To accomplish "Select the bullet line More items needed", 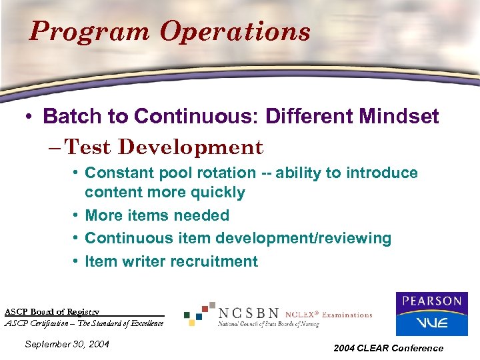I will point(157,215).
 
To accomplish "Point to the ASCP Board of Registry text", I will point(52,311).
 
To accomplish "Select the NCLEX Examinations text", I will point(329,315).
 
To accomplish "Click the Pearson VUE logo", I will point(431,313).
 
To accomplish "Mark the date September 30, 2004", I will point(66,344).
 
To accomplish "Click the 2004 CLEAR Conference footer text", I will point(389,348).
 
